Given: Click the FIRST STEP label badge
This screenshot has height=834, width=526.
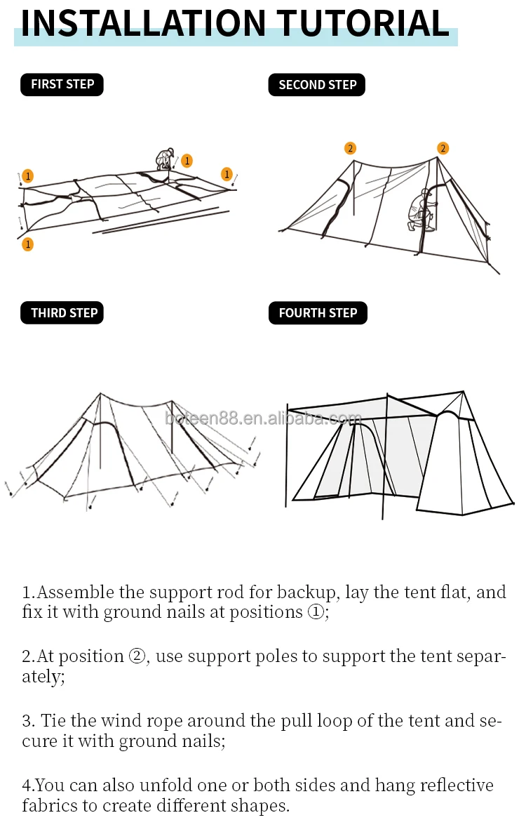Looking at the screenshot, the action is coord(62,84).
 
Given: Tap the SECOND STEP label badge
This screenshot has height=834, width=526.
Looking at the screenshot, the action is coord(317,85).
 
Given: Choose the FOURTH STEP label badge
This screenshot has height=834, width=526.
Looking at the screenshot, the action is coord(318,313).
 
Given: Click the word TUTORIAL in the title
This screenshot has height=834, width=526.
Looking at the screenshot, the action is coord(363,23).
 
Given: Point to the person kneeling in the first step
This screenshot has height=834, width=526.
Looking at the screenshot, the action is coord(165,160).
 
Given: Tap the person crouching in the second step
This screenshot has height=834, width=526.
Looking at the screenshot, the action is coord(421,208).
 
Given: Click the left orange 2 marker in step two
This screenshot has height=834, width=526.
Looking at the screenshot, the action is coord(350,148).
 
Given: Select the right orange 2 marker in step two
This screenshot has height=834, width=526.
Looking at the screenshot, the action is coord(443,148).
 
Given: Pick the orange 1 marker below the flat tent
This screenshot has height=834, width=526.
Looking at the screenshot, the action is coord(27,244).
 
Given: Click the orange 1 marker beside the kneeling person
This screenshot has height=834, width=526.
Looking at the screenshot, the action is coord(187,161).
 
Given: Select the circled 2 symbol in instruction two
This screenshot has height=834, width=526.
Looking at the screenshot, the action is coord(137,656).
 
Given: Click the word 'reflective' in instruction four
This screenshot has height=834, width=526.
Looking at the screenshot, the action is coord(457,785).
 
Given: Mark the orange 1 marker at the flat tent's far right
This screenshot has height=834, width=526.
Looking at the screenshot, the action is coord(227,174).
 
